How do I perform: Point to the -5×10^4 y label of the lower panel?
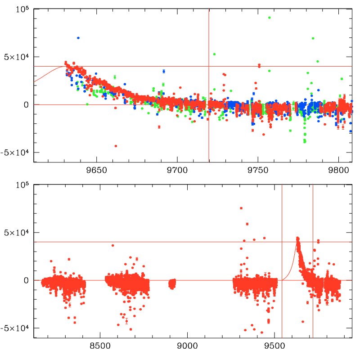(14, 328)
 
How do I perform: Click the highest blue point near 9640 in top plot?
(78, 38)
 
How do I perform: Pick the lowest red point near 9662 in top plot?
(116, 146)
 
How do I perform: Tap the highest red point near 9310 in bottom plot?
(242, 208)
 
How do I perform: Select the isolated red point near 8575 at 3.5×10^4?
(113, 245)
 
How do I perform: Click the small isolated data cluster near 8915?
(171, 283)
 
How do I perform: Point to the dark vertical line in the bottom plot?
(313, 270)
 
